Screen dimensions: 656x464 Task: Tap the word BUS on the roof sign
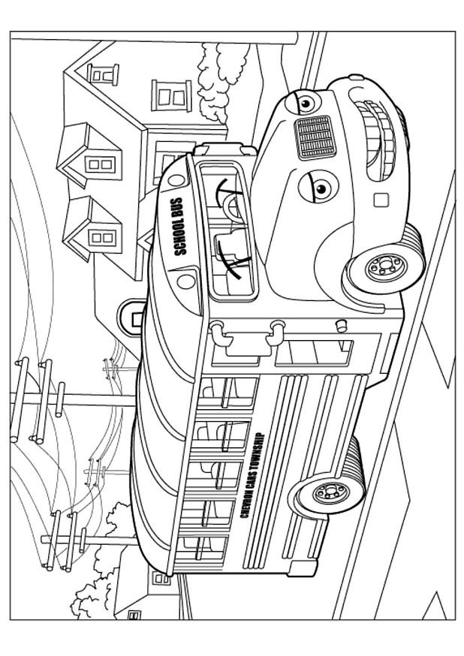coord(177,205)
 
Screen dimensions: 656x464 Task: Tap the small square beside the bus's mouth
coord(381,200)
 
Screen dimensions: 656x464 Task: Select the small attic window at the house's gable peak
coord(103,74)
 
